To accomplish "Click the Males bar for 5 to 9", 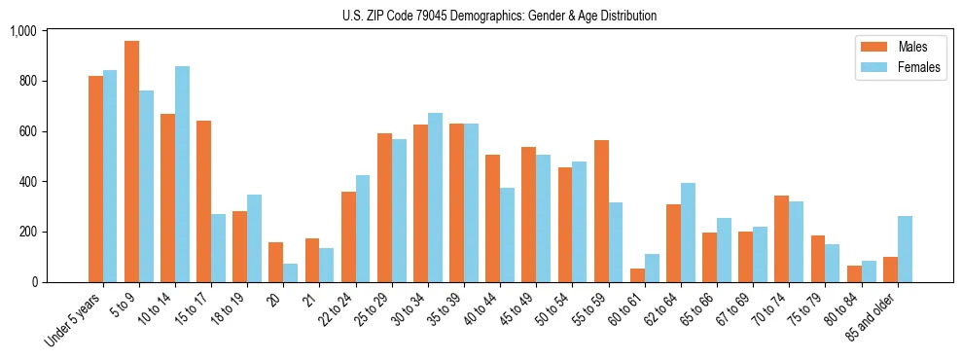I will point(131,162).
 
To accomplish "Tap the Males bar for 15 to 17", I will point(204,201).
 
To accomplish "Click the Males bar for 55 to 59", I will point(601,211).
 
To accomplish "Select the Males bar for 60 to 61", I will point(637,275).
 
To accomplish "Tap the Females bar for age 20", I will point(291,272).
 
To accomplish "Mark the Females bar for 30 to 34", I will point(435,198).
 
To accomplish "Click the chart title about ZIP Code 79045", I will point(499,16).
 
